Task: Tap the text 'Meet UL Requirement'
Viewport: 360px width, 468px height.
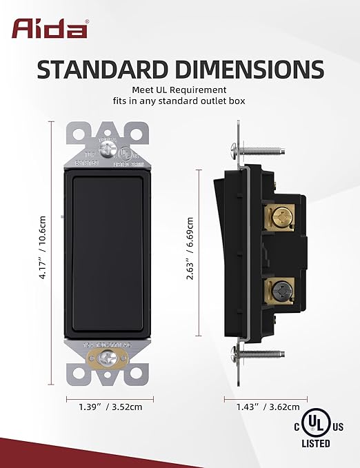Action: pyautogui.click(x=180, y=90)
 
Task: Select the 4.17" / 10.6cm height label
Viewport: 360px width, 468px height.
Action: pyautogui.click(x=42, y=253)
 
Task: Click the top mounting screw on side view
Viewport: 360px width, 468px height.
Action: pyautogui.click(x=259, y=147)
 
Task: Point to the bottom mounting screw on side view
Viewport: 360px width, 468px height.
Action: pyautogui.click(x=259, y=355)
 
